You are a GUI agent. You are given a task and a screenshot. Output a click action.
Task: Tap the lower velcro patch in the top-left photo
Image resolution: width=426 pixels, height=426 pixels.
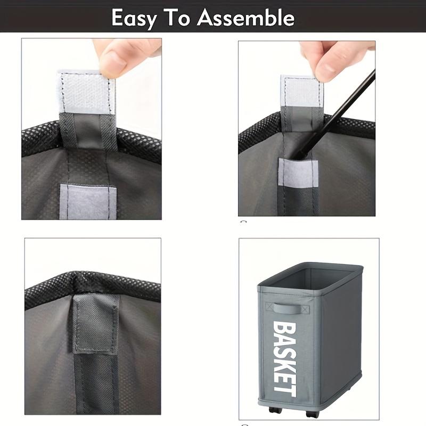point(87,201)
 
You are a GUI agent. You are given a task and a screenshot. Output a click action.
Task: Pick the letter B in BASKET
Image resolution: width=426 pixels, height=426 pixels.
point(284,326)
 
